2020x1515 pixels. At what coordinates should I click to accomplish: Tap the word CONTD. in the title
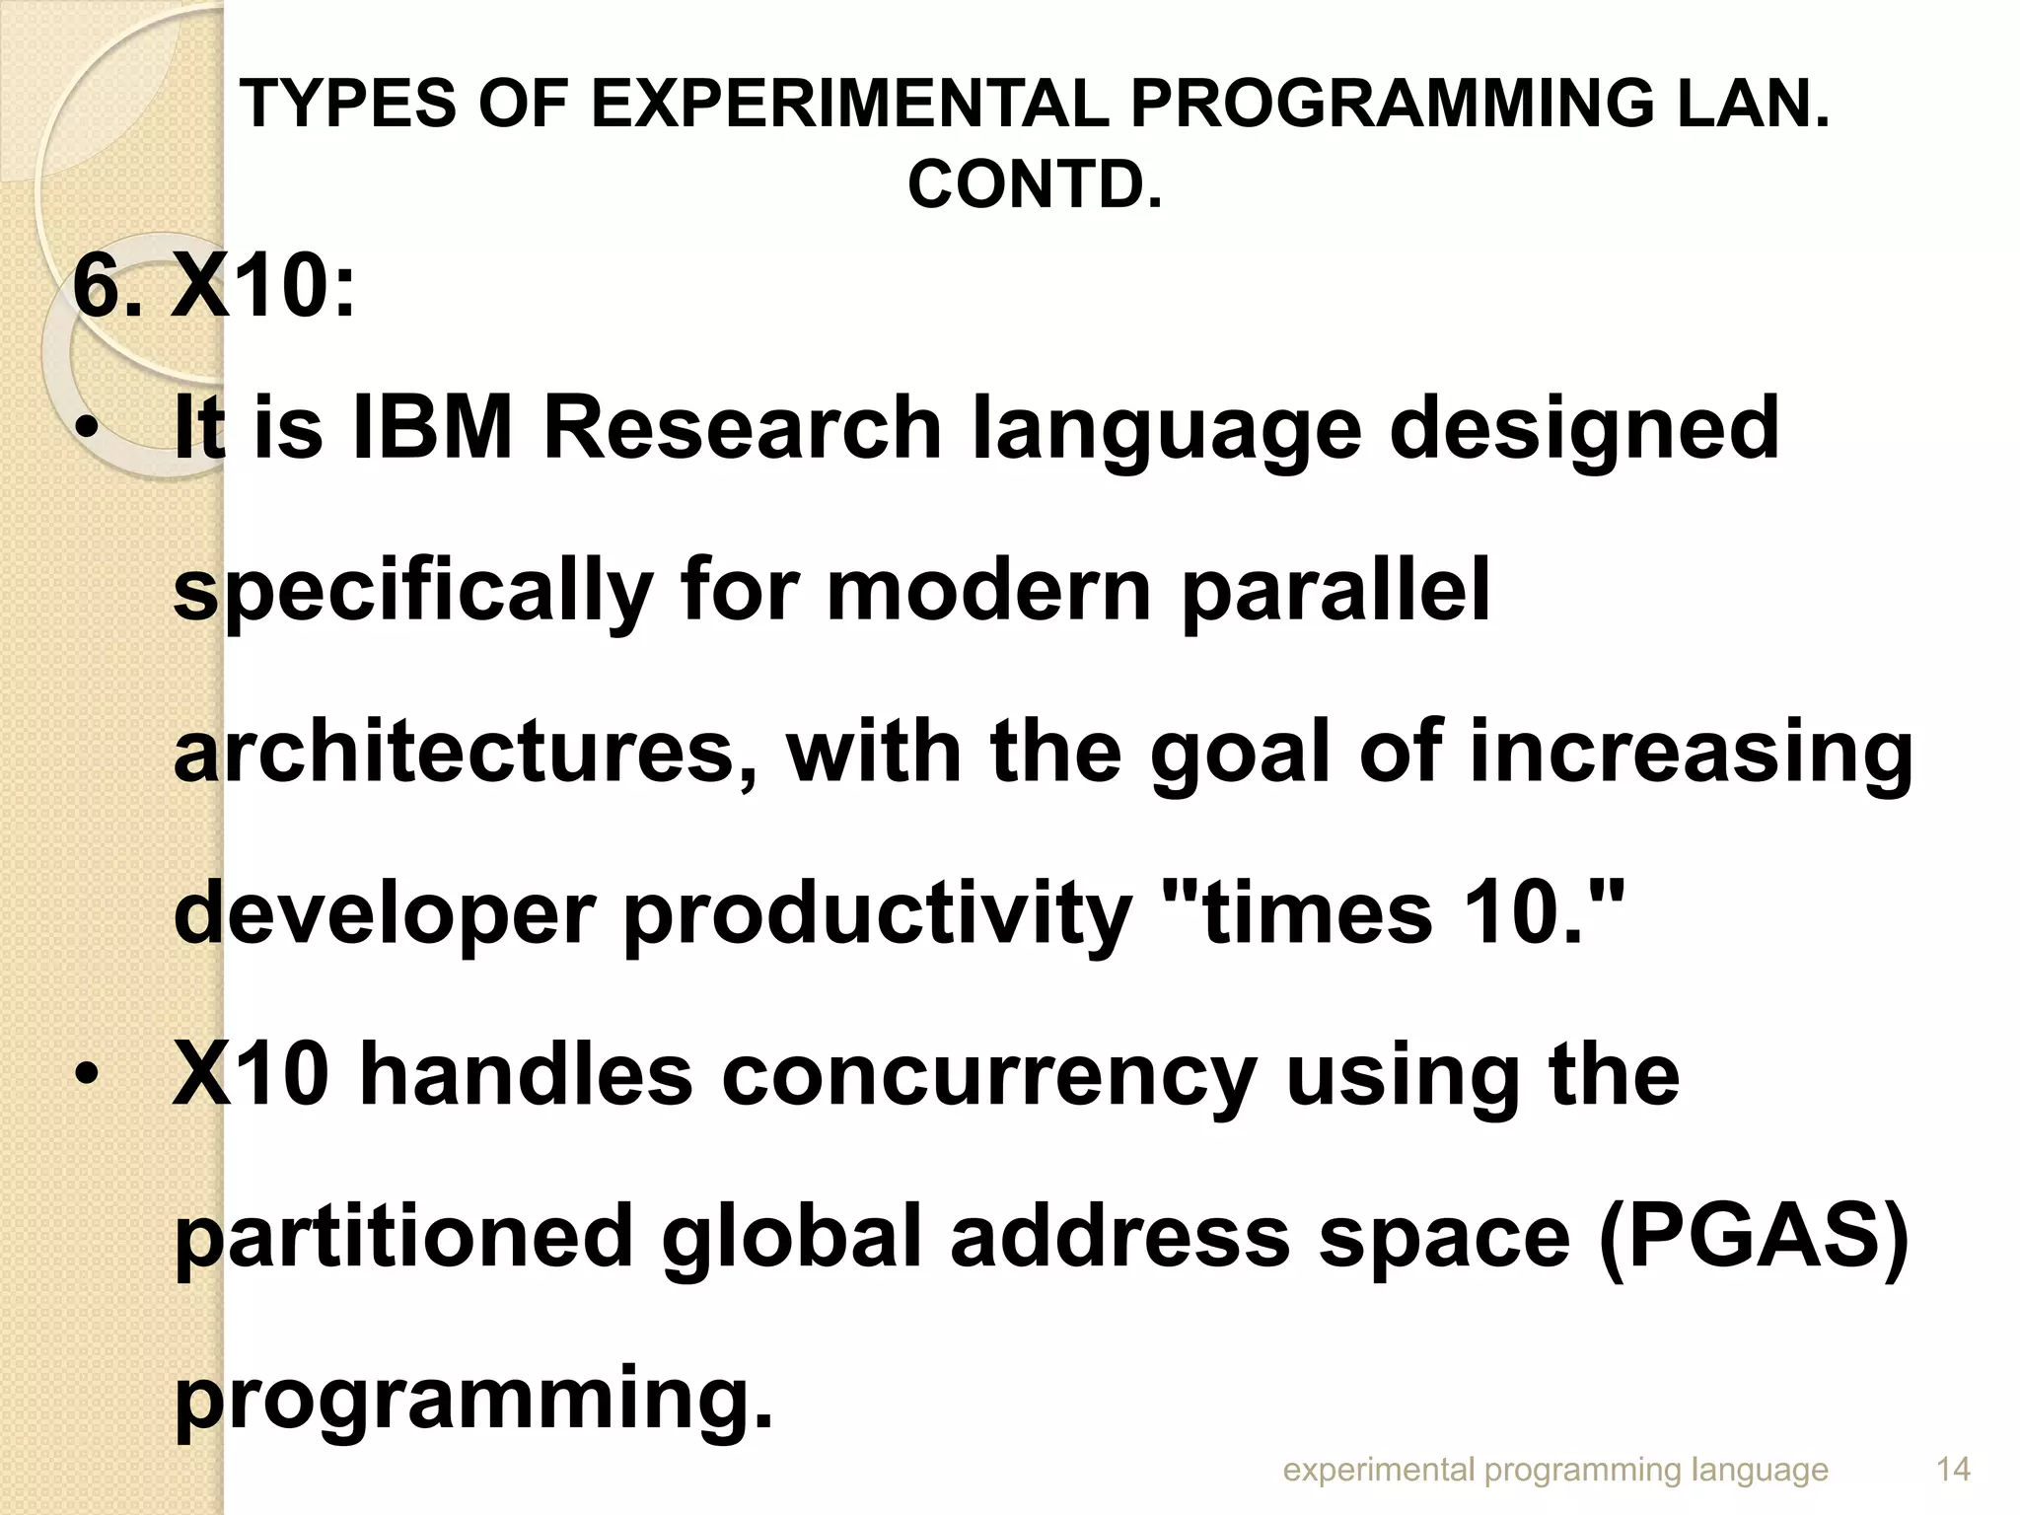pos(1035,184)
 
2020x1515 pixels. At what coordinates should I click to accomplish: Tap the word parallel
pos(1335,592)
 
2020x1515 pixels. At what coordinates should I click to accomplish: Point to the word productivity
pos(878,914)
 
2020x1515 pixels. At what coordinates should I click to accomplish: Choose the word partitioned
pos(403,1238)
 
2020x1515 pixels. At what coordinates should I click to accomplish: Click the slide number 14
pos(1953,1470)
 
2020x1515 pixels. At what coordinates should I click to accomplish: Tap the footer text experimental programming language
pos(1555,1470)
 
